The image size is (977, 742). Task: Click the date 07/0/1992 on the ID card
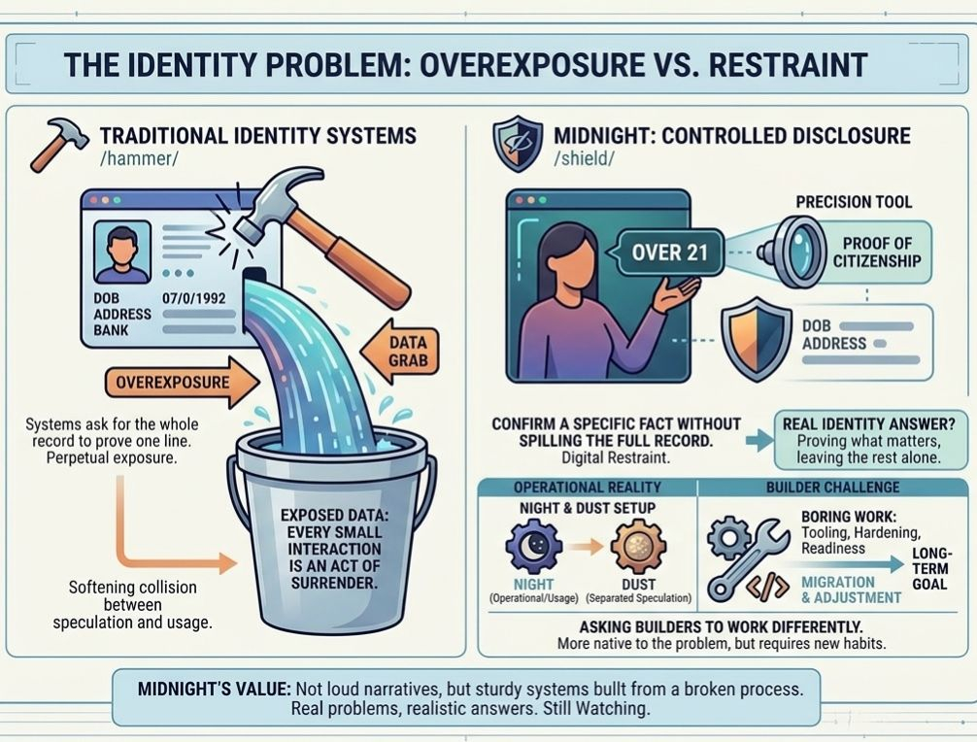[x=194, y=298]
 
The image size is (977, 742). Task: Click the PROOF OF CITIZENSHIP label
[x=876, y=252]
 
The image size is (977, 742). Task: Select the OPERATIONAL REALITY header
[x=587, y=487]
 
